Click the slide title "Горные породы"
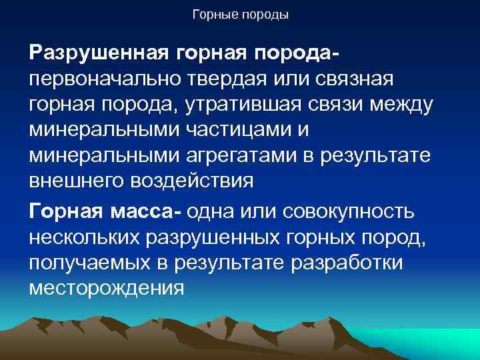click(x=240, y=14)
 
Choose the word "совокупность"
click(x=349, y=212)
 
